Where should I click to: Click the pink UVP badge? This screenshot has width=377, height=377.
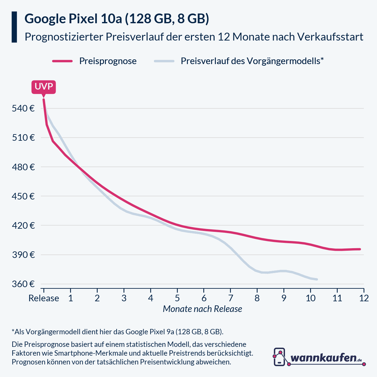[43, 87]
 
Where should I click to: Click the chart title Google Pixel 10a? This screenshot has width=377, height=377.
[117, 19]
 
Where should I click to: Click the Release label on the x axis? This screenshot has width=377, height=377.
[44, 298]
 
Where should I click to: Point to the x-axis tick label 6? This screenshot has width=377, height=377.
[204, 298]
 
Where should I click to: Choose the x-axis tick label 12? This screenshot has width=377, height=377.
[364, 298]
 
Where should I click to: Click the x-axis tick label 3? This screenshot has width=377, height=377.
[124, 298]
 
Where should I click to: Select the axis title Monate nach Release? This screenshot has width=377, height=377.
[202, 309]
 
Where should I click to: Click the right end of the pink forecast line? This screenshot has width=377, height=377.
[360, 249]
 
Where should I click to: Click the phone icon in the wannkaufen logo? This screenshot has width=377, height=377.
[279, 357]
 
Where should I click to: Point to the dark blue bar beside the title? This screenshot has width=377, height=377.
[14, 27]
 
